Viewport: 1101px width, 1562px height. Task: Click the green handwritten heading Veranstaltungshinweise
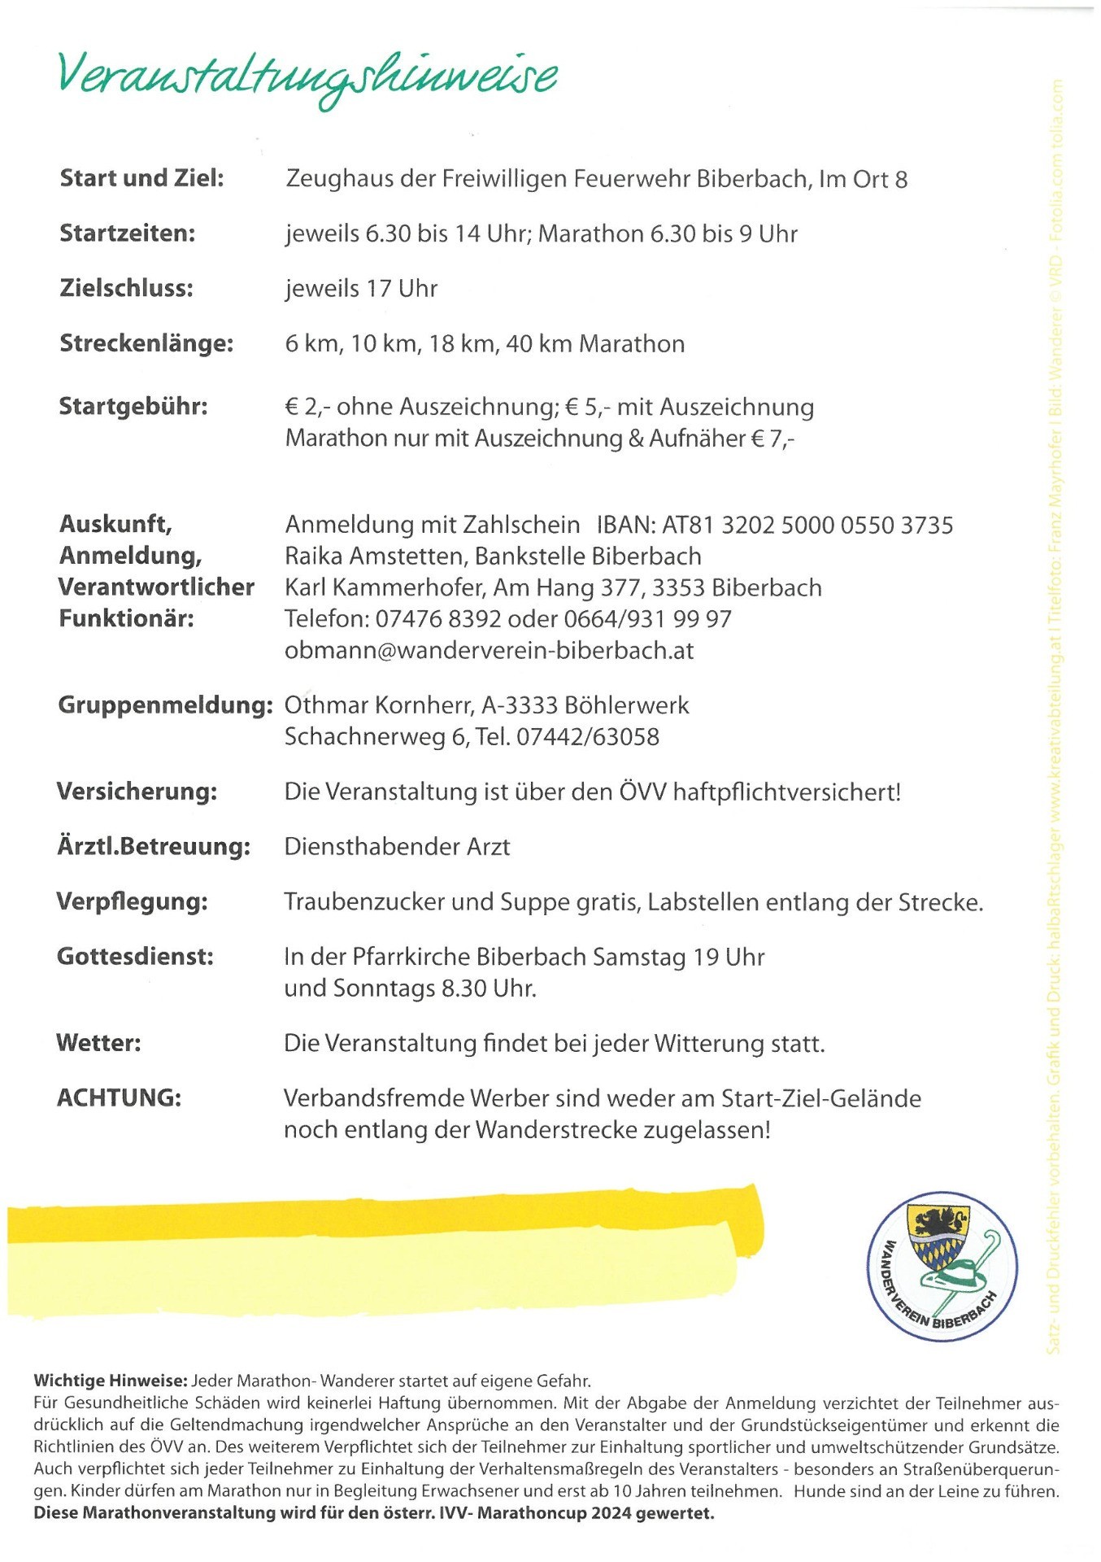point(307,77)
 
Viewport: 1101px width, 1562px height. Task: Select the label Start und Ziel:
point(141,178)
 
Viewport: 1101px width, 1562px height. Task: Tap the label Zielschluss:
point(126,288)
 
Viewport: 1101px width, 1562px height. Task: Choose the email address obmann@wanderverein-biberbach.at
point(489,651)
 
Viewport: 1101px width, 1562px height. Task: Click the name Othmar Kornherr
point(374,705)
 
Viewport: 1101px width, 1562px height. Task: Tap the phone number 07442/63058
point(588,737)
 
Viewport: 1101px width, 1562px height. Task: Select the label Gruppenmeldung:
point(165,705)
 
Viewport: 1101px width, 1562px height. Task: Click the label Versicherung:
point(137,792)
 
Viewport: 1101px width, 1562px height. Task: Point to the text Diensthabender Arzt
point(397,847)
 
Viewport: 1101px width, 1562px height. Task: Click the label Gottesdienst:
point(135,957)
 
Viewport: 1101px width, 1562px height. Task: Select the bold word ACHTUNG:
point(119,1098)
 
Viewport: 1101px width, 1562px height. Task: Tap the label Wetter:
point(98,1043)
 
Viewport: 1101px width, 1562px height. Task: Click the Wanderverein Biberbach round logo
point(942,1267)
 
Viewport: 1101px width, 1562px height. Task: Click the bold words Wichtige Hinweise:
point(111,1381)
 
